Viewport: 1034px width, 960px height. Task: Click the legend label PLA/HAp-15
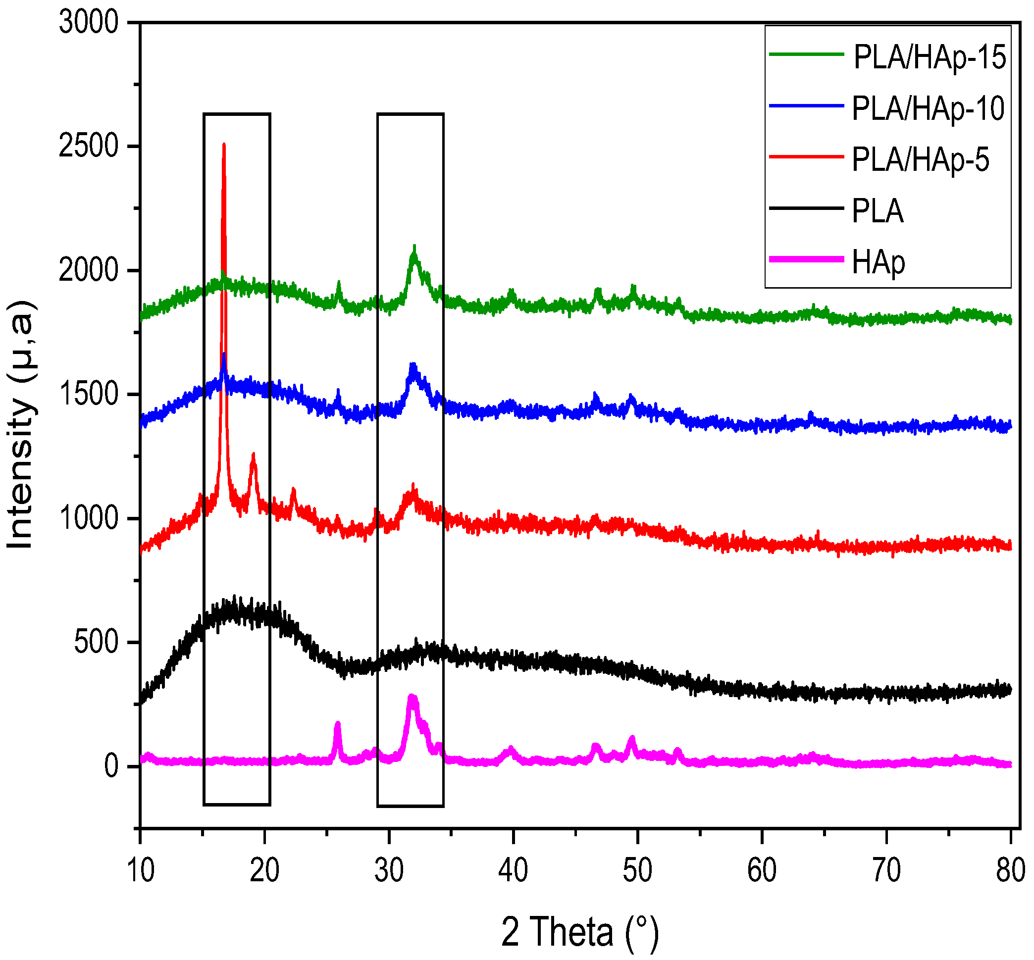point(930,57)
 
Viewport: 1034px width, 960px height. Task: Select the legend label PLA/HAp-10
point(928,108)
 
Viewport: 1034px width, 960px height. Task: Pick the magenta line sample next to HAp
point(806,259)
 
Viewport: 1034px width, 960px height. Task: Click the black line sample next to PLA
point(806,208)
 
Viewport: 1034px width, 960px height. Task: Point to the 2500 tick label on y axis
point(89,147)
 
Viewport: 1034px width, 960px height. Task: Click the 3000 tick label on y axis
point(89,23)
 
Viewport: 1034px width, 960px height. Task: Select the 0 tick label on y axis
point(111,766)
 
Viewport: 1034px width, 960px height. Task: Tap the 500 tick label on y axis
point(97,643)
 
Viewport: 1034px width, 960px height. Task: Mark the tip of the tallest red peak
point(224,145)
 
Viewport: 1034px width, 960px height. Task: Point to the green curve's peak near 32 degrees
point(414,247)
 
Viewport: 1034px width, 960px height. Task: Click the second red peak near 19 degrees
point(254,455)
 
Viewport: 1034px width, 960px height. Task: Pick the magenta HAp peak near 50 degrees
point(632,738)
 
